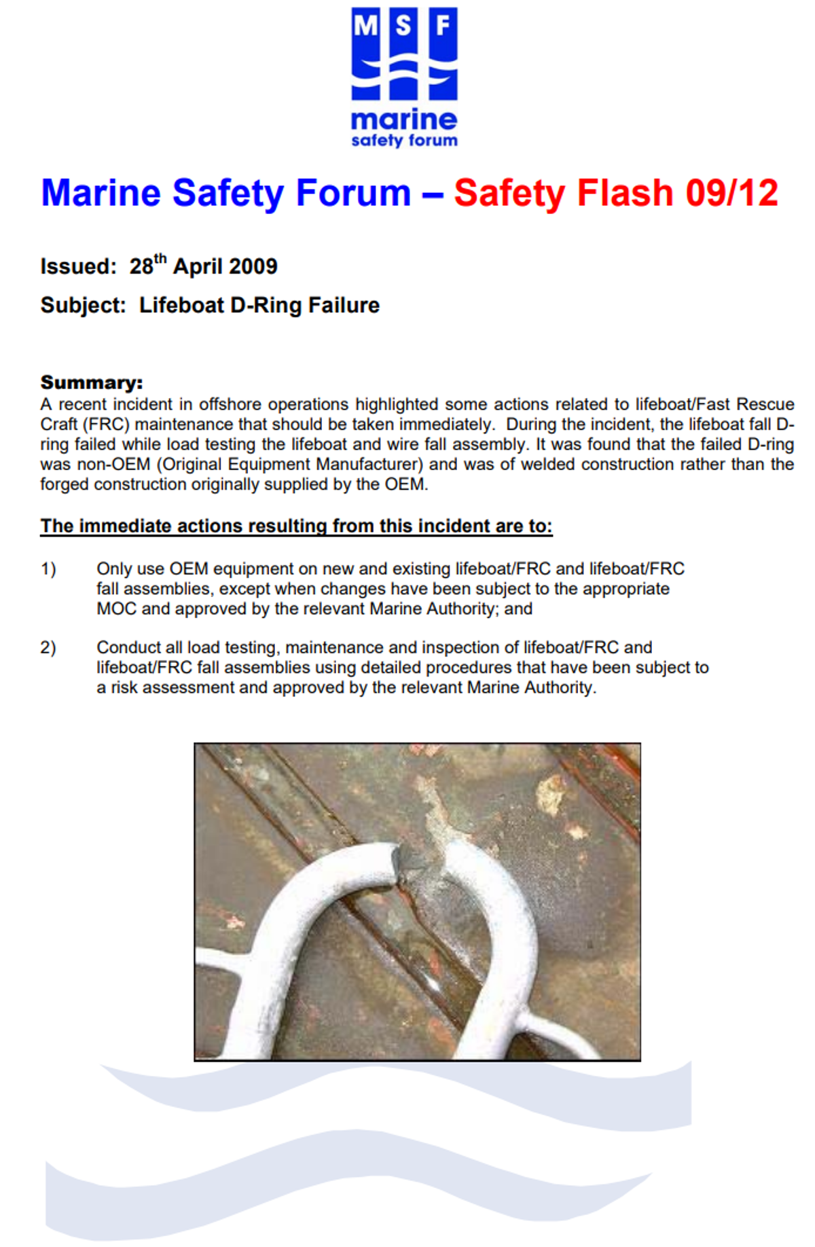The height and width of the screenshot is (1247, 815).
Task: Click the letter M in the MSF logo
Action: coord(365,27)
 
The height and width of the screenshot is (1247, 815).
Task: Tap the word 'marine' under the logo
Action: coord(404,120)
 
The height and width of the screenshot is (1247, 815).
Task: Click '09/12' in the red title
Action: coord(731,193)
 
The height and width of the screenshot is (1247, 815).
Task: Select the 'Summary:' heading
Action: coord(92,382)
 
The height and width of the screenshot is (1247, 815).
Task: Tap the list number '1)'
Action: coord(48,568)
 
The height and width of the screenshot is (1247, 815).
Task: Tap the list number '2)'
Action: coord(48,647)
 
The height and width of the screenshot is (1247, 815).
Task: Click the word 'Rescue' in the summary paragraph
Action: coord(765,405)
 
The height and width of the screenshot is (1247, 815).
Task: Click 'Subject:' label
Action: coord(84,306)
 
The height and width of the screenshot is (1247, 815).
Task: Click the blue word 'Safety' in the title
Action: coord(228,193)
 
